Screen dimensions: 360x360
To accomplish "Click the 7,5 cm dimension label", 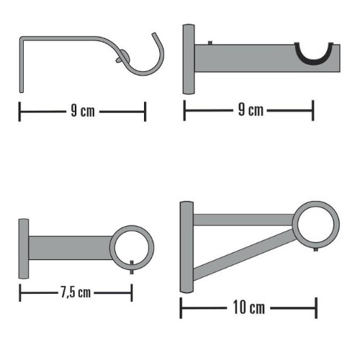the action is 76,292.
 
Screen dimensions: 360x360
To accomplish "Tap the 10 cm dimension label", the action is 249,307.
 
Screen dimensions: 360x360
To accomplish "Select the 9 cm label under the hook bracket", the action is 83,111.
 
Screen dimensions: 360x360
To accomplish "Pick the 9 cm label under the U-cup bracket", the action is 251,110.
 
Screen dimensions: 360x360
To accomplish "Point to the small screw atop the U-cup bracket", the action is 210,43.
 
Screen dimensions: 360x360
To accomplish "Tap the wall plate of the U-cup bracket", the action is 189,59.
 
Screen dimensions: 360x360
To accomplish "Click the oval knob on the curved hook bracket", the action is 123,57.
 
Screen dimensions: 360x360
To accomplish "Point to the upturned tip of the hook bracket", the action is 154,35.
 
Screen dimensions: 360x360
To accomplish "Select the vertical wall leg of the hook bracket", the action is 22,65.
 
